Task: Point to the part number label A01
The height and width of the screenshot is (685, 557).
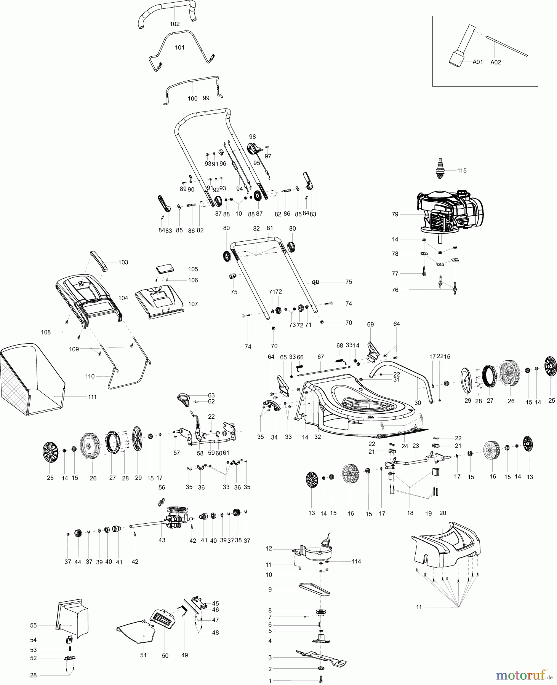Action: tap(477, 62)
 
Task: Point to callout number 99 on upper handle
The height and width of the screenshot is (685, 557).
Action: tap(206, 98)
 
